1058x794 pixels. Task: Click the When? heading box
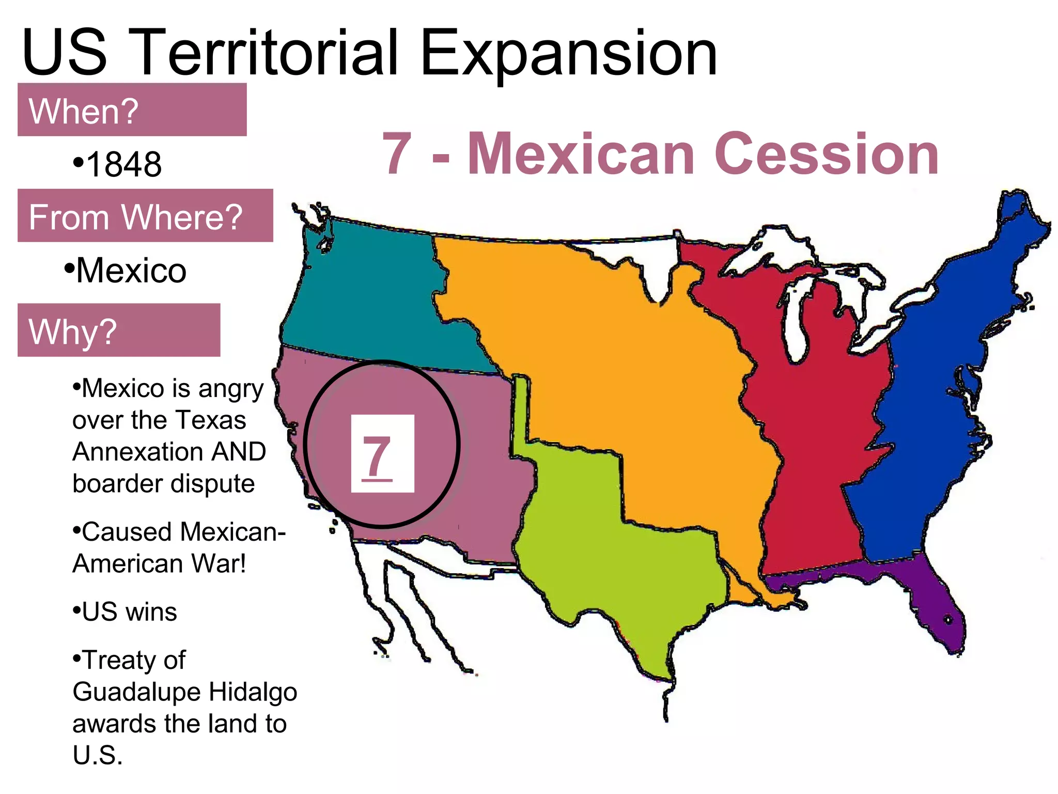132,110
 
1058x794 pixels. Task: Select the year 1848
123,164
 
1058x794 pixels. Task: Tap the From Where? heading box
145,216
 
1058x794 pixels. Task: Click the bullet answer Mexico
131,270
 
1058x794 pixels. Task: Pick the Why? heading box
119,330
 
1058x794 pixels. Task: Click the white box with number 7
382,453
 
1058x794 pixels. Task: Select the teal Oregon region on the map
372,300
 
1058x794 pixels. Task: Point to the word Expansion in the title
568,53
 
